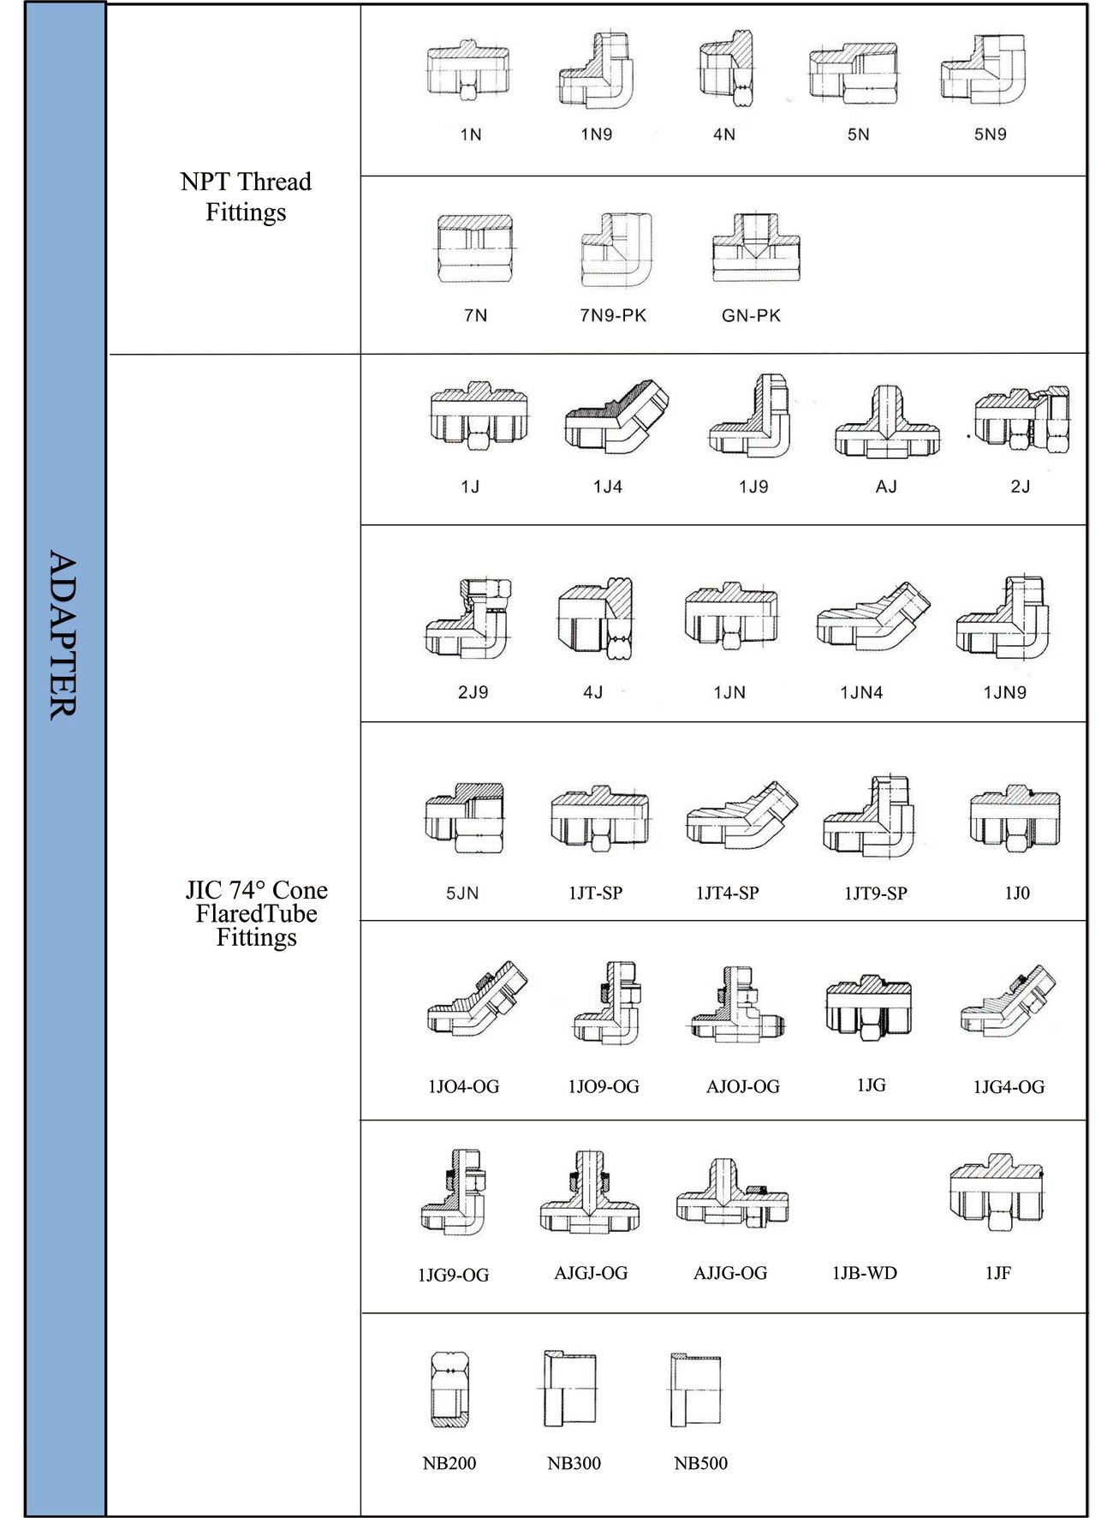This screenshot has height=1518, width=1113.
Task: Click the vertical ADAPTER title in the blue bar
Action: pyautogui.click(x=63, y=634)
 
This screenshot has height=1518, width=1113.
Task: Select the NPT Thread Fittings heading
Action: pyautogui.click(x=246, y=196)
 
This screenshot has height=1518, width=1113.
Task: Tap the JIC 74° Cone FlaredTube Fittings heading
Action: pyautogui.click(x=256, y=913)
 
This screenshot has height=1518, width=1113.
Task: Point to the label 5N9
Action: pyautogui.click(x=990, y=134)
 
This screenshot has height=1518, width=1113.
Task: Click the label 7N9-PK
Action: pyautogui.click(x=613, y=315)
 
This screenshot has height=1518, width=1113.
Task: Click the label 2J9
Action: pyautogui.click(x=473, y=692)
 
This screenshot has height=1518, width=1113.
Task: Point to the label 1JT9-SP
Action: pyautogui.click(x=875, y=893)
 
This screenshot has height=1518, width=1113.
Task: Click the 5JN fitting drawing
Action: pyautogui.click(x=464, y=818)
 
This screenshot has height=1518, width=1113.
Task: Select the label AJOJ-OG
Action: pyautogui.click(x=742, y=1086)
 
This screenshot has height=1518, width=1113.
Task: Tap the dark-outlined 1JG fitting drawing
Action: pyautogui.click(x=868, y=1007)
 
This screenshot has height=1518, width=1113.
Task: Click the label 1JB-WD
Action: pyautogui.click(x=864, y=1273)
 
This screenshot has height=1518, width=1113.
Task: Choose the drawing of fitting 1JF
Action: pyautogui.click(x=997, y=1192)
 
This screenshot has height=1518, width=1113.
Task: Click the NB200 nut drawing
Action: pyautogui.click(x=449, y=1390)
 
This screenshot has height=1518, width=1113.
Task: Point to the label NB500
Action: pyautogui.click(x=700, y=1463)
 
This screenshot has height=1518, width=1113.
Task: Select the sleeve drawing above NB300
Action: pyautogui.click(x=569, y=1390)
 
